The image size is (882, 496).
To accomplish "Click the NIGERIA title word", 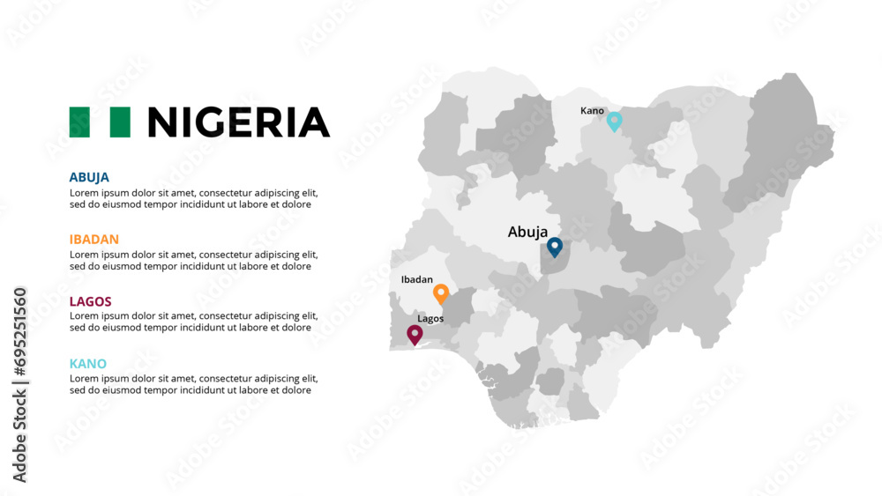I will click(x=238, y=122).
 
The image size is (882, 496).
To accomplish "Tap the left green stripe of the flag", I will click(x=79, y=122).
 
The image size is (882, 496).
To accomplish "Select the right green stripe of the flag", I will click(x=121, y=122).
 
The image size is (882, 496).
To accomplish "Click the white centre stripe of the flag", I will click(x=100, y=122).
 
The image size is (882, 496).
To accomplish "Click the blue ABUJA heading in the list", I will click(x=89, y=177).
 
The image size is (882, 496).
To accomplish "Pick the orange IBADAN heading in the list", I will click(x=93, y=239).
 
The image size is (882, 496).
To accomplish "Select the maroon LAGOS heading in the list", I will click(x=90, y=301).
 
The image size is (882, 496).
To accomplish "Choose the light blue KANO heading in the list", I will click(x=87, y=363).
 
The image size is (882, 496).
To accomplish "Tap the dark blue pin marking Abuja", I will click(x=555, y=247).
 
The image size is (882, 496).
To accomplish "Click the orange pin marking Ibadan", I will click(x=441, y=293).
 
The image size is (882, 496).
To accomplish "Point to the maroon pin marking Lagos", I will click(x=414, y=334).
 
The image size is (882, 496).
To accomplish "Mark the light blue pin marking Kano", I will click(x=615, y=122).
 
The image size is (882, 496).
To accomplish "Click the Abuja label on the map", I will click(x=527, y=233).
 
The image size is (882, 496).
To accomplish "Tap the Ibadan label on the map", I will click(x=416, y=279).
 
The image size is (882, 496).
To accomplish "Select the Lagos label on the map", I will click(x=430, y=319).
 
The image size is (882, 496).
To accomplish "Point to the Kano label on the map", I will click(x=592, y=111).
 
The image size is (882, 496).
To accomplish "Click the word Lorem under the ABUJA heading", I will click(x=85, y=193).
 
